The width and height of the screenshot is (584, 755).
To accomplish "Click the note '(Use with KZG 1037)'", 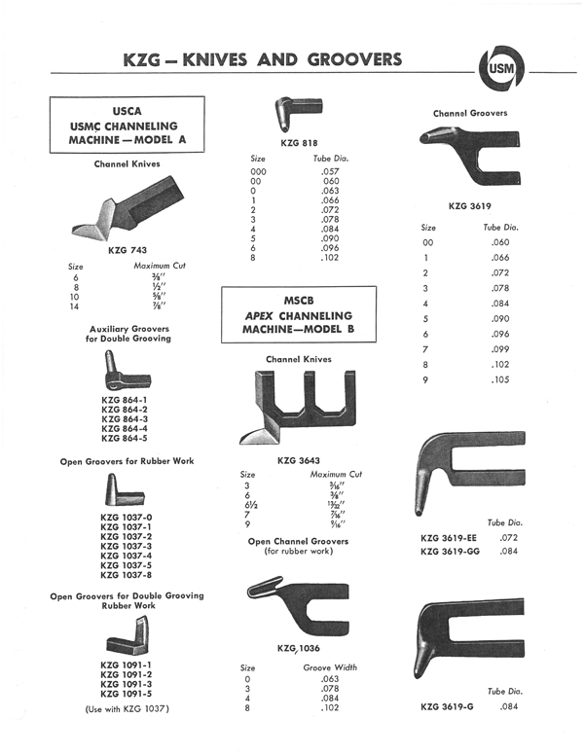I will click(x=128, y=708).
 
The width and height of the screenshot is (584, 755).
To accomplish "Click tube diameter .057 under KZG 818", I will click(x=331, y=171).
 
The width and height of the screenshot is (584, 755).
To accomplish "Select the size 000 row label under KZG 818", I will click(x=260, y=171).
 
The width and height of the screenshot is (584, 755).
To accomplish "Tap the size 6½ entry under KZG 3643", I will click(x=248, y=505).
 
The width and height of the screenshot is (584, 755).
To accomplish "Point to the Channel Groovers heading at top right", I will click(x=470, y=113).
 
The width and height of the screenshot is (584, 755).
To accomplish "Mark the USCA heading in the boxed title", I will click(x=128, y=111).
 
